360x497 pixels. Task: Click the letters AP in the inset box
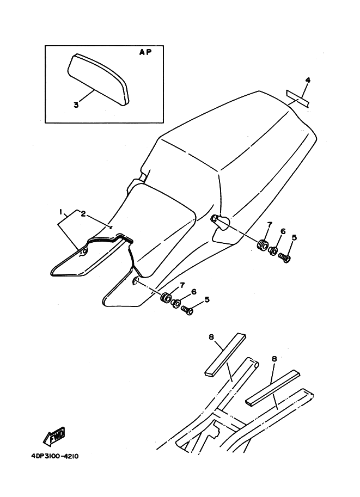click(x=145, y=52)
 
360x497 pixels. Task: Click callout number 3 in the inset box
click(x=76, y=105)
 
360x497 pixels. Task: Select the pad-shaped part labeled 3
click(x=98, y=79)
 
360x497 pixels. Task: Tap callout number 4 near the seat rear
click(x=307, y=80)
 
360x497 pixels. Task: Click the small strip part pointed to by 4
click(x=298, y=99)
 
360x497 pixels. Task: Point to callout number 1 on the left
click(x=60, y=211)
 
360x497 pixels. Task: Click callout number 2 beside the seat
click(x=83, y=214)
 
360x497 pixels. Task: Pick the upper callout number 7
click(x=270, y=225)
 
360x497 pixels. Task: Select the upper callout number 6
click(x=283, y=231)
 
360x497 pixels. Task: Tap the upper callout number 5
click(x=294, y=237)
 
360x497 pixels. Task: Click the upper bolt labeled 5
click(x=284, y=257)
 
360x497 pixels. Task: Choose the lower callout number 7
click(x=182, y=286)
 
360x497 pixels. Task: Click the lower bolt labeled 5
click(x=187, y=310)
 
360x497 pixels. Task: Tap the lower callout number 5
click(x=207, y=299)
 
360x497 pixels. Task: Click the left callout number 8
click(x=211, y=338)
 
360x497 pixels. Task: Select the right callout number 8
click(x=274, y=359)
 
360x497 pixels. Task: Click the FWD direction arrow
click(x=54, y=434)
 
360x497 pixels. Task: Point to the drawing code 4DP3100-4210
click(x=55, y=456)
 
